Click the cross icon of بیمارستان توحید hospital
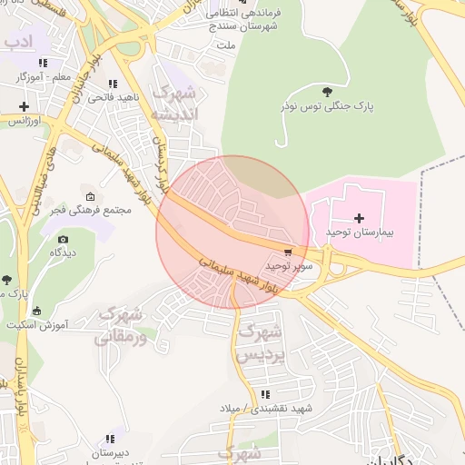359,218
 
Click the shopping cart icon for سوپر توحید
289,252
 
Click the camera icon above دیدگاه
63,238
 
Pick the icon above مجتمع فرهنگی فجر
90,196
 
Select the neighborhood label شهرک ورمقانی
126,325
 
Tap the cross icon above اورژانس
25,106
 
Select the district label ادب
17,42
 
